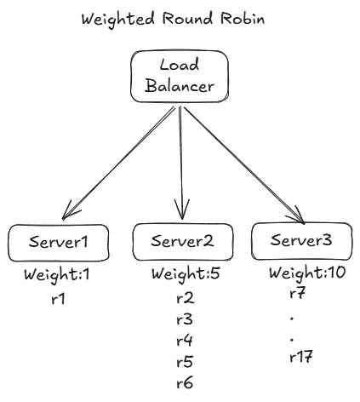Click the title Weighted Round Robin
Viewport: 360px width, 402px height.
click(180, 18)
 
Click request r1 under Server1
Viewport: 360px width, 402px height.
click(58, 299)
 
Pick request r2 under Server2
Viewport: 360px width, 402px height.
click(185, 299)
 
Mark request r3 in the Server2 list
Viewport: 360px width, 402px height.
click(185, 320)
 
